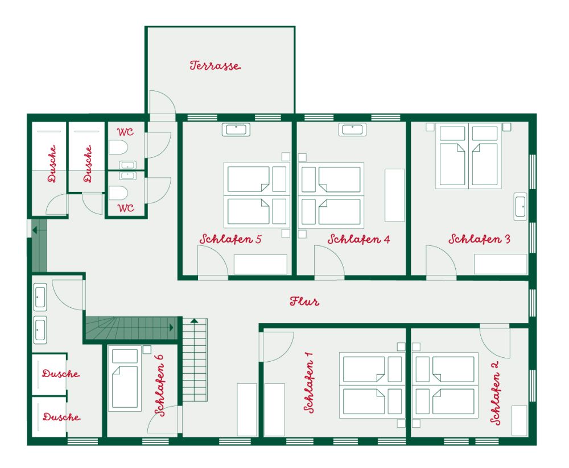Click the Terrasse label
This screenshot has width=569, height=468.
point(215,65)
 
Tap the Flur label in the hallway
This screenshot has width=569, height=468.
point(304,301)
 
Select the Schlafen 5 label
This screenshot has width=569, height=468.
point(230,239)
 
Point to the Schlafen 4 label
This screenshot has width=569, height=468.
point(358,239)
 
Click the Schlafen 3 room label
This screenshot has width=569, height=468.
point(479,239)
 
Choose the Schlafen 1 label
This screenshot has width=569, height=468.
point(308,382)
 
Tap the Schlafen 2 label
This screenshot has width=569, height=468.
point(496,392)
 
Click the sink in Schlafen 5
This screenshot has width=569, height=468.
point(236,129)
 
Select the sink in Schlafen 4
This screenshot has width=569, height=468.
point(352,129)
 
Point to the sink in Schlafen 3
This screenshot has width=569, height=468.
point(521,207)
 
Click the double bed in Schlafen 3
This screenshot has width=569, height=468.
point(468,156)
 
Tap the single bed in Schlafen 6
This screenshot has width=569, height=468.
point(125,378)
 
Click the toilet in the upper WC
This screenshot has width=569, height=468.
point(118,148)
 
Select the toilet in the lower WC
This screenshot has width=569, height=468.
point(118,193)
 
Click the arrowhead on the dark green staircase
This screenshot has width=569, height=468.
point(172,328)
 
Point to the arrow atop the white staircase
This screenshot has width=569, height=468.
point(195,320)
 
